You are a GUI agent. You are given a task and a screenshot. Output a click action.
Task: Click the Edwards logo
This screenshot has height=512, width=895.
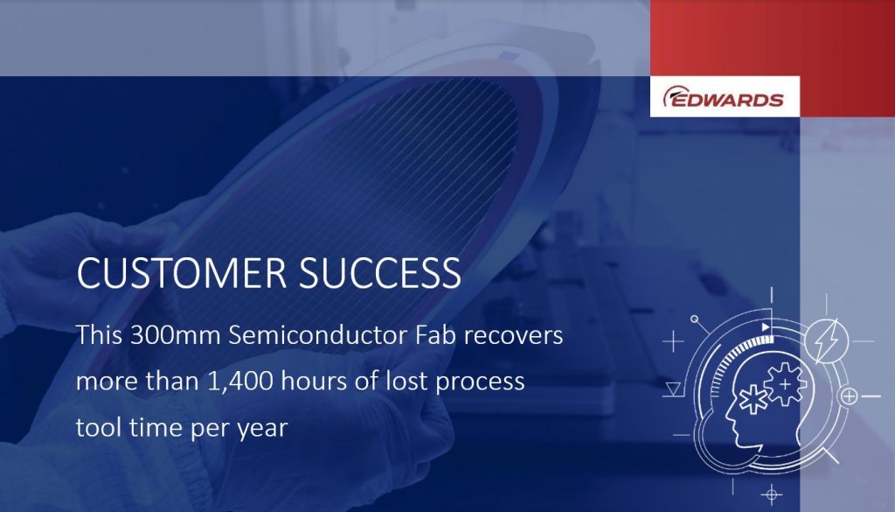pos(723,96)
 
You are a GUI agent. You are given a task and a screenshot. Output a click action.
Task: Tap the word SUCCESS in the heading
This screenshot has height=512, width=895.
pos(380,272)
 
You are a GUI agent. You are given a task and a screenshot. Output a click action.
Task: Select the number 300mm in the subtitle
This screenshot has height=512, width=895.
pos(175,335)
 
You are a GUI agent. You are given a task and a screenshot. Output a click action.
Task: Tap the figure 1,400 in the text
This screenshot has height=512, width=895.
pos(239,381)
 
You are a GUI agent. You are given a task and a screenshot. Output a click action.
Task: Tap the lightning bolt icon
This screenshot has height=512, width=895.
pos(825,341)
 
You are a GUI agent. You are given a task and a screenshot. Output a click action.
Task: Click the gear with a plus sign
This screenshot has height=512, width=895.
pos(786,384)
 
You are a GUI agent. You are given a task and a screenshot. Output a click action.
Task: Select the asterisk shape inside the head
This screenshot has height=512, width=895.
pos(754,399)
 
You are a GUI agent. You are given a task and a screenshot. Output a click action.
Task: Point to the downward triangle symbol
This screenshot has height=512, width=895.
pos(673,389)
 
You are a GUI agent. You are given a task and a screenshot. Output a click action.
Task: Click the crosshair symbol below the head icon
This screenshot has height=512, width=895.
pos(771,494)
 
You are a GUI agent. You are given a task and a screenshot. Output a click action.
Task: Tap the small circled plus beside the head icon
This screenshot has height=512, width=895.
pos(849,396)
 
